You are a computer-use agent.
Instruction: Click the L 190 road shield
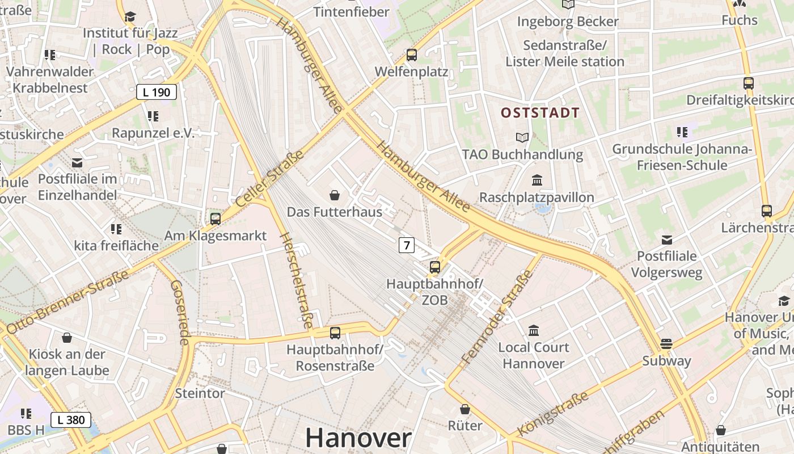[157, 92]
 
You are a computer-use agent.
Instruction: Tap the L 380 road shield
[71, 420]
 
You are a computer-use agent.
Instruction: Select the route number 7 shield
[406, 245]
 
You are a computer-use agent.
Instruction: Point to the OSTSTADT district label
[540, 112]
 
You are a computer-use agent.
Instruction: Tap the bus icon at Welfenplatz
[412, 55]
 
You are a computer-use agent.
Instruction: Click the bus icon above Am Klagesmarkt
[216, 218]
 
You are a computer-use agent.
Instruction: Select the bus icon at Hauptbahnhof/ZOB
[435, 267]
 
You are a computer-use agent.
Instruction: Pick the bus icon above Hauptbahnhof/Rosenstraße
[335, 333]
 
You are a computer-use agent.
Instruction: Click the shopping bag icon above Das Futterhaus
[335, 195]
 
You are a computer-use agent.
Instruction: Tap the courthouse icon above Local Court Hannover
[534, 330]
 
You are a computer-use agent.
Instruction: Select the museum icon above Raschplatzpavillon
[537, 180]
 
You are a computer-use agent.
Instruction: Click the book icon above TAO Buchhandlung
[522, 137]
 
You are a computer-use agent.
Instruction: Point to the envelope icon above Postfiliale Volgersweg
[667, 239]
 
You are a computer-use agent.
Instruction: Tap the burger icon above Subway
[666, 344]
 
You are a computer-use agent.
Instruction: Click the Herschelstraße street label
[296, 280]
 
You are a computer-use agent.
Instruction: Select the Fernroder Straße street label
[497, 317]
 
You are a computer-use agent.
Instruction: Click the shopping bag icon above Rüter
[465, 409]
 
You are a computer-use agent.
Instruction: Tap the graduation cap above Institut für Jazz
[130, 16]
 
